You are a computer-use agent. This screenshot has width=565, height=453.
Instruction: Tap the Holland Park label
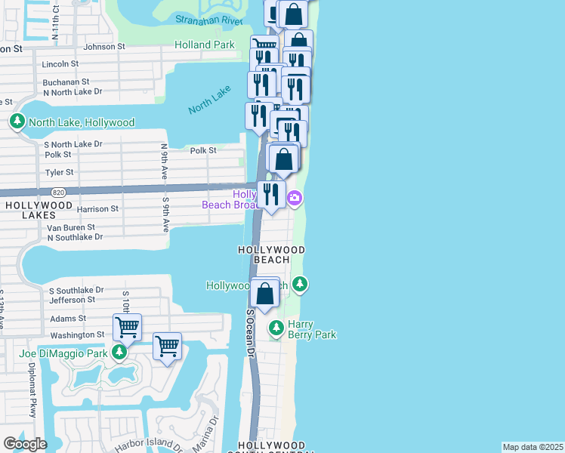pyautogui.click(x=204, y=45)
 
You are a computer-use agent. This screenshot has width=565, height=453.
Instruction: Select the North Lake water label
pyautogui.click(x=209, y=100)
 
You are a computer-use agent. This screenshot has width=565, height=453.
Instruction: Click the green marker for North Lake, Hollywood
pyautogui.click(x=17, y=122)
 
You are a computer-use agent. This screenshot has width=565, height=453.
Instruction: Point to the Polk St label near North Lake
pyautogui.click(x=203, y=151)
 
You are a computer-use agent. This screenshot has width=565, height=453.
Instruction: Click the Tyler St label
pyautogui.click(x=59, y=173)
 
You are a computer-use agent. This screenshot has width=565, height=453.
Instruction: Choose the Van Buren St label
pyautogui.click(x=70, y=226)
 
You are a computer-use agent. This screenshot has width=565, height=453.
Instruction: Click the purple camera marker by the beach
pyautogui.click(x=295, y=199)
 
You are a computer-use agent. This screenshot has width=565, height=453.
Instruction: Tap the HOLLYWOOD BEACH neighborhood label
pyautogui.click(x=271, y=254)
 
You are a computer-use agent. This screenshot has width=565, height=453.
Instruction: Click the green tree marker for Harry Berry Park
pyautogui.click(x=276, y=328)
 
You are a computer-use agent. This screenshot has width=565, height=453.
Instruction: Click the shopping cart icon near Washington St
pyautogui.click(x=127, y=328)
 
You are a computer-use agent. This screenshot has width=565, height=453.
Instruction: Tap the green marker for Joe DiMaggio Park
pyautogui.click(x=119, y=352)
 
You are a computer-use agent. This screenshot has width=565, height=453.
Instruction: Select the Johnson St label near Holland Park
pyautogui.click(x=104, y=47)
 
